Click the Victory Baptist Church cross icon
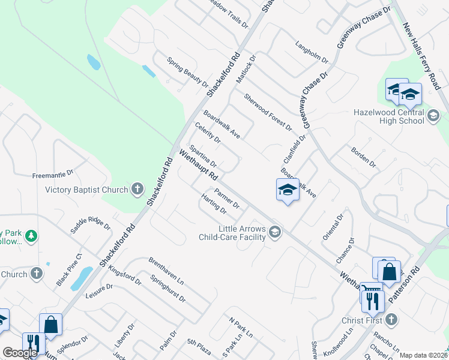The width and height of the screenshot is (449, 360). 137,190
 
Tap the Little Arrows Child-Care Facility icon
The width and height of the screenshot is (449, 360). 275,232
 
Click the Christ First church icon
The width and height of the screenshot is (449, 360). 391,319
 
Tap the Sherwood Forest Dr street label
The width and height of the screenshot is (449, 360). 268,112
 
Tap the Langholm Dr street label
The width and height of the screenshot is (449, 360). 312,52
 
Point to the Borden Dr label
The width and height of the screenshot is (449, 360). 363,158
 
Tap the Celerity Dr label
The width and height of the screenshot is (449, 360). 208,133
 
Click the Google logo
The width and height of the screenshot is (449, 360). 20,353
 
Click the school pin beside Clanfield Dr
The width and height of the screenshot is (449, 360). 288,191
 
